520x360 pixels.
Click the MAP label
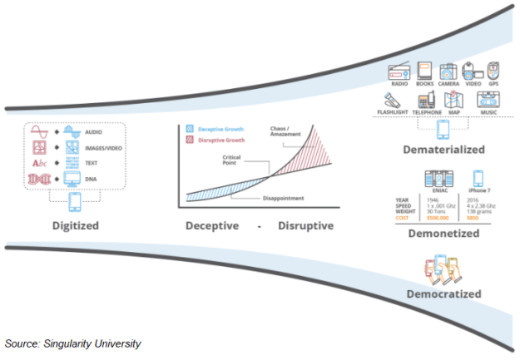(x=454, y=112)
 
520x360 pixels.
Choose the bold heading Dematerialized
(x=443, y=150)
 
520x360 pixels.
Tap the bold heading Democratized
(x=444, y=293)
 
